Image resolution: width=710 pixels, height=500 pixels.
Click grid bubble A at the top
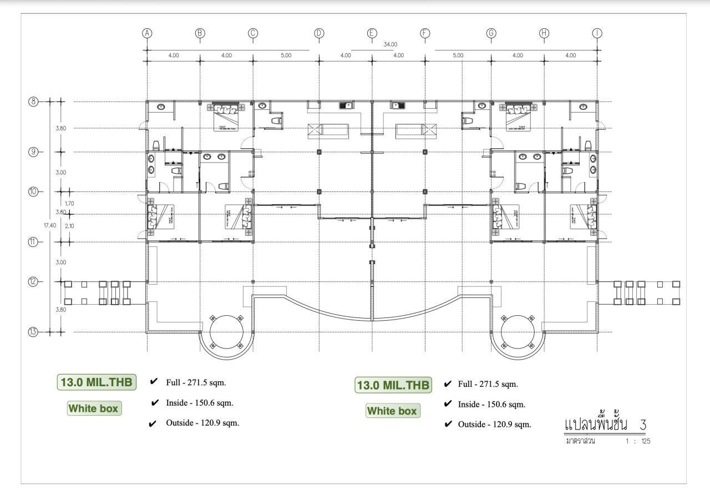147,33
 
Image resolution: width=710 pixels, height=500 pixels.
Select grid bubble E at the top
372,33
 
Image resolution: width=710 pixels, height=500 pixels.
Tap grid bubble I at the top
597,33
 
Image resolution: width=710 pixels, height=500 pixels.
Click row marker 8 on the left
33,102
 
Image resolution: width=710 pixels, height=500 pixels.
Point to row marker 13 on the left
33,332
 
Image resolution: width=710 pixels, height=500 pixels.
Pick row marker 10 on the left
33,191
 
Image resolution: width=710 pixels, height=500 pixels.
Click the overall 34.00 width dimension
390,44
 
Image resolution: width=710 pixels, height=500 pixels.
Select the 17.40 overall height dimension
49,225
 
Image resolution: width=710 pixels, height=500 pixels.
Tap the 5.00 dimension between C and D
286,55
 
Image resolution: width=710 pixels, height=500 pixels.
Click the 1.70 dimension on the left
69,204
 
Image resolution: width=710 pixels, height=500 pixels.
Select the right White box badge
393,411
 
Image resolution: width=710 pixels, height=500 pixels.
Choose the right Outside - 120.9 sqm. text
494,425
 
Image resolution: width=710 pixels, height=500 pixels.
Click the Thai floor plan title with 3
605,425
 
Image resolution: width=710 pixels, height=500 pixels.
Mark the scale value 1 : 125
637,442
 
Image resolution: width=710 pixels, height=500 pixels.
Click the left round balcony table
226,331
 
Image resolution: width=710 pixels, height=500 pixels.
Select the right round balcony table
518,331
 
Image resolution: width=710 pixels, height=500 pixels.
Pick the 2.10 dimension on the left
69,226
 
